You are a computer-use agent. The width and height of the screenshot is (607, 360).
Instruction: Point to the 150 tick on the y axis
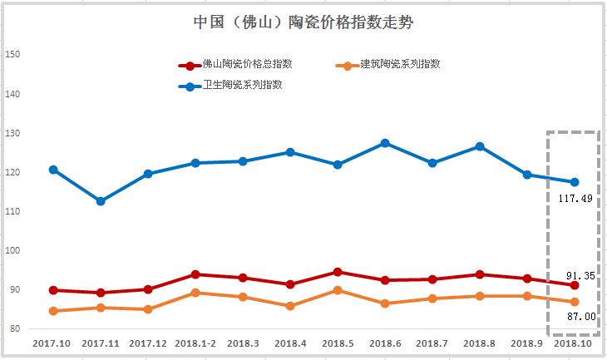coord(12,55)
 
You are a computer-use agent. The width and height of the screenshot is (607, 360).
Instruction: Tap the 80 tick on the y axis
coord(12,329)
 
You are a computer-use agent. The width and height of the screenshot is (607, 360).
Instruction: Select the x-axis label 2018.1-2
coord(195,343)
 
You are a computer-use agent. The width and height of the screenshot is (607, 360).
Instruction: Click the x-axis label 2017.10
coord(52,343)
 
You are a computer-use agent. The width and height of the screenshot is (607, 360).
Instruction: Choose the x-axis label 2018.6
coord(385,343)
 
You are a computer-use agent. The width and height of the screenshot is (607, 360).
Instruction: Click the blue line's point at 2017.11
coord(101,201)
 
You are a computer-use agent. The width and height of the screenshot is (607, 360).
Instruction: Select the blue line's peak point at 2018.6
coord(385,143)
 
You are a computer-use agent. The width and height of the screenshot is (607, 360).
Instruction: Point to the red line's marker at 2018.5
coord(338,272)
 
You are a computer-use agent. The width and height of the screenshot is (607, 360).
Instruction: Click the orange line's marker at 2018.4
coord(290,306)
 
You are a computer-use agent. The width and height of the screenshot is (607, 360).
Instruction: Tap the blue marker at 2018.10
coord(575,182)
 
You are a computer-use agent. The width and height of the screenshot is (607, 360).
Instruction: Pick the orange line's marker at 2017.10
coord(53,311)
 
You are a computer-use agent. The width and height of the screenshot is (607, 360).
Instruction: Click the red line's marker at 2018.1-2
coord(195,274)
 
